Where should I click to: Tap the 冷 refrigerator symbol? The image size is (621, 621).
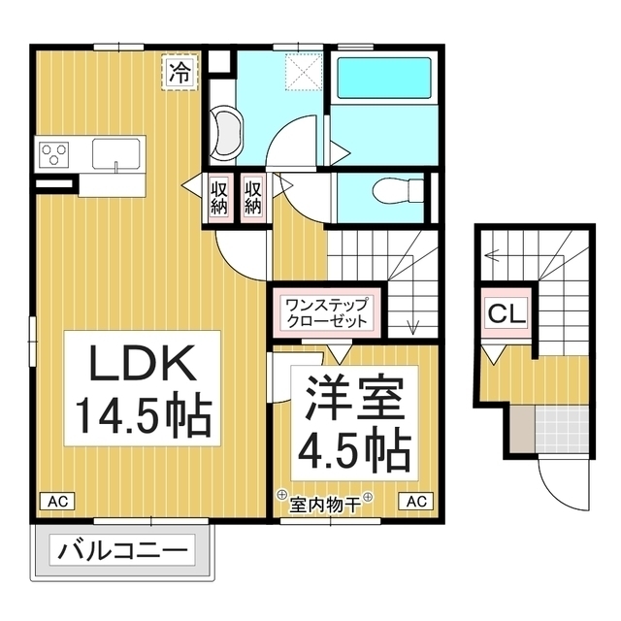(x=179, y=71)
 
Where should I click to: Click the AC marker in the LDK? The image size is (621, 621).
(x=57, y=502)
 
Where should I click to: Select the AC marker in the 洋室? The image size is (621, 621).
(x=415, y=502)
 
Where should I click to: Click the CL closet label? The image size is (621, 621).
(x=505, y=313)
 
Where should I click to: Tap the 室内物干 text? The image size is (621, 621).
(x=324, y=503)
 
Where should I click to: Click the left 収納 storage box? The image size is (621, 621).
(x=219, y=198)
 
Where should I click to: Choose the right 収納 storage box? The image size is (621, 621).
(x=252, y=198)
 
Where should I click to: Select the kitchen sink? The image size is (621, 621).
(x=116, y=152)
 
